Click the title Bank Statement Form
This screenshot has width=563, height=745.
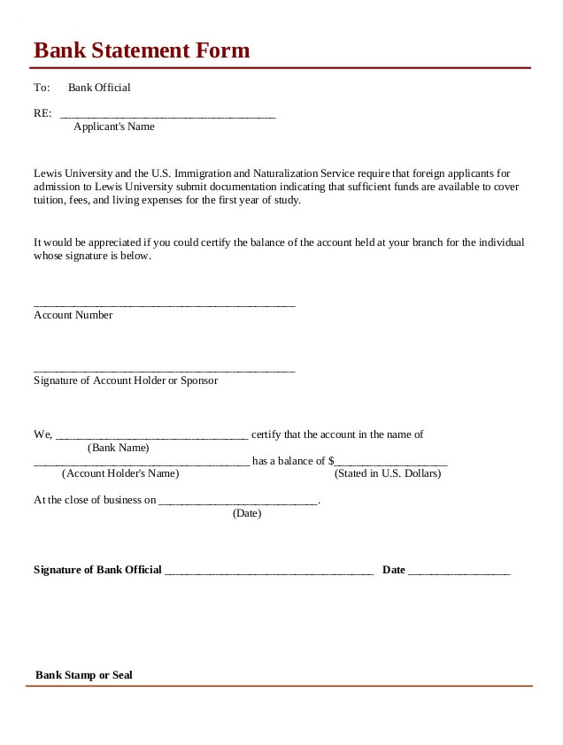[142, 50]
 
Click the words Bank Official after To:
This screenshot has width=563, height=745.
[99, 88]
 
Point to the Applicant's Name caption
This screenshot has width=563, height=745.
[113, 127]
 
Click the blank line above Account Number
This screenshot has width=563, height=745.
[164, 304]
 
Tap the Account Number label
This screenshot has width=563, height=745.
[73, 315]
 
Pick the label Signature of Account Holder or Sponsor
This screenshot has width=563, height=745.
[126, 380]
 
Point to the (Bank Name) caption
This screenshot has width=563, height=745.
[119, 448]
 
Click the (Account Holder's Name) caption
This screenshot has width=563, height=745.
[120, 473]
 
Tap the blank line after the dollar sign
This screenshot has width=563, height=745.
[391, 464]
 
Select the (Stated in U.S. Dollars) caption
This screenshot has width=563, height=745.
[387, 473]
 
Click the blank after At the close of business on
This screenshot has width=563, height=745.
[237, 503]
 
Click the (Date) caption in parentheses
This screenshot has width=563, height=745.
[247, 513]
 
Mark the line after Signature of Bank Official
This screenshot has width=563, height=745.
[269, 573]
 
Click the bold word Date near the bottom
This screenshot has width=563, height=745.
[394, 570]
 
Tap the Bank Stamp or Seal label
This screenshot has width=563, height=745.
[84, 675]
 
